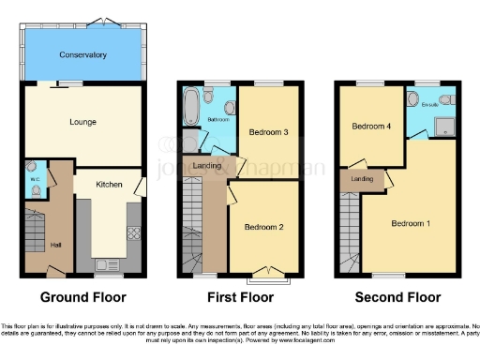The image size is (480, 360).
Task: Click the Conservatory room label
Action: click(82, 55)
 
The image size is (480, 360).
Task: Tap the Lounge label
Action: click(82, 122)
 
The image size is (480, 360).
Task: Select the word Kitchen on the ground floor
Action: click(109, 185)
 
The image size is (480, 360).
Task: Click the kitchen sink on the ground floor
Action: click(109, 263)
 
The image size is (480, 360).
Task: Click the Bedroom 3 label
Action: click(268, 132)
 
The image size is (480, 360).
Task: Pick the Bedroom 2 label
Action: click(263, 227)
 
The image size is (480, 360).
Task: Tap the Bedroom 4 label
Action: click(370, 126)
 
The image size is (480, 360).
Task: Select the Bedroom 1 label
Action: click(412, 223)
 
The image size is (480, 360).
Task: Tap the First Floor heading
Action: click(240, 298)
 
